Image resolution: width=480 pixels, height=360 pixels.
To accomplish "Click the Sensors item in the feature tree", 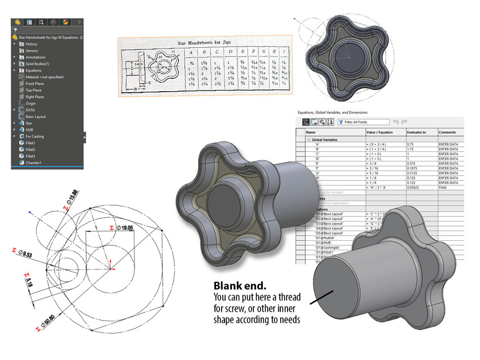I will [32, 51].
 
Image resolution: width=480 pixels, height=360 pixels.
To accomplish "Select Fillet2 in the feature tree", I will [30, 150].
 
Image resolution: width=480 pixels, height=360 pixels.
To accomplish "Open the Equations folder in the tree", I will [33, 70].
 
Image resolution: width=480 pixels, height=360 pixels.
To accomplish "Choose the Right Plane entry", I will [34, 97].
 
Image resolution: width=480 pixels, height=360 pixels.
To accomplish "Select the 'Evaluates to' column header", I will [417, 132].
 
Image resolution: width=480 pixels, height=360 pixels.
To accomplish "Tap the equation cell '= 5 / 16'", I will [375, 173].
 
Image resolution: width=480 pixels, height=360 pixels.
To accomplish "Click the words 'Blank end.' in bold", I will [235, 286].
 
